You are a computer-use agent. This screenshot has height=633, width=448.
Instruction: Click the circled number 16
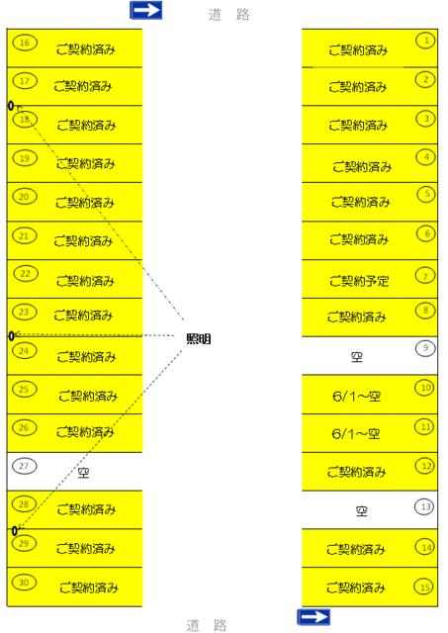coord(25,43)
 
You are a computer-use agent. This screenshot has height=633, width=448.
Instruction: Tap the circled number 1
coord(426,41)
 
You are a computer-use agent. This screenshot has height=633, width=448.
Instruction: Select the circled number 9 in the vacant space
coord(425,348)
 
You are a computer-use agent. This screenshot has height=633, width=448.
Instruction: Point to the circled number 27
coord(24,466)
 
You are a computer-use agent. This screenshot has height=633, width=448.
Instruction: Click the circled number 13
coord(424,506)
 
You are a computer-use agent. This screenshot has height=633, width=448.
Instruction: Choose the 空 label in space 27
coord(83,473)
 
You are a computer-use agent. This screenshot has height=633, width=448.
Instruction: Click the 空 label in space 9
coord(357,357)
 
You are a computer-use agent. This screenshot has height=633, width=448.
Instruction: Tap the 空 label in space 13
coord(362,511)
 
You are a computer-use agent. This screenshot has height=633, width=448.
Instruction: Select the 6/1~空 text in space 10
coord(356,397)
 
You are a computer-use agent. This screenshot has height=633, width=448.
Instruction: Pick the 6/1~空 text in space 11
coord(356,434)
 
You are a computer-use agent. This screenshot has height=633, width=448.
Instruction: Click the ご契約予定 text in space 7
coord(359,281)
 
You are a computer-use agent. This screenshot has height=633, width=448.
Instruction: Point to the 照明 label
coord(199,338)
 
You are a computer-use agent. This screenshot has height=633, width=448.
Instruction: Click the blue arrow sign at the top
coord(146,10)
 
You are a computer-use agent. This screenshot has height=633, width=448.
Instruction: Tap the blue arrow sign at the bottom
coord(314,617)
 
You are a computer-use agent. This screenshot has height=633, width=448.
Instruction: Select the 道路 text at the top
coord(229,15)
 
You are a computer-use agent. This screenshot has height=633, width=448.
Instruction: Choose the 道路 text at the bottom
coord(207,625)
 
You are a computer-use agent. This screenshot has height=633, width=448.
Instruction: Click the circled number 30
coord(24,583)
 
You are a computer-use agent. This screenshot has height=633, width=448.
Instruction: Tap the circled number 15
coord(424,587)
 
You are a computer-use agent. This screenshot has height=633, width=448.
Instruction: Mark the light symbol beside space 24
coord(11,336)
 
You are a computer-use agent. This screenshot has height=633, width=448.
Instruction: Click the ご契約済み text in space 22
coord(85,281)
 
